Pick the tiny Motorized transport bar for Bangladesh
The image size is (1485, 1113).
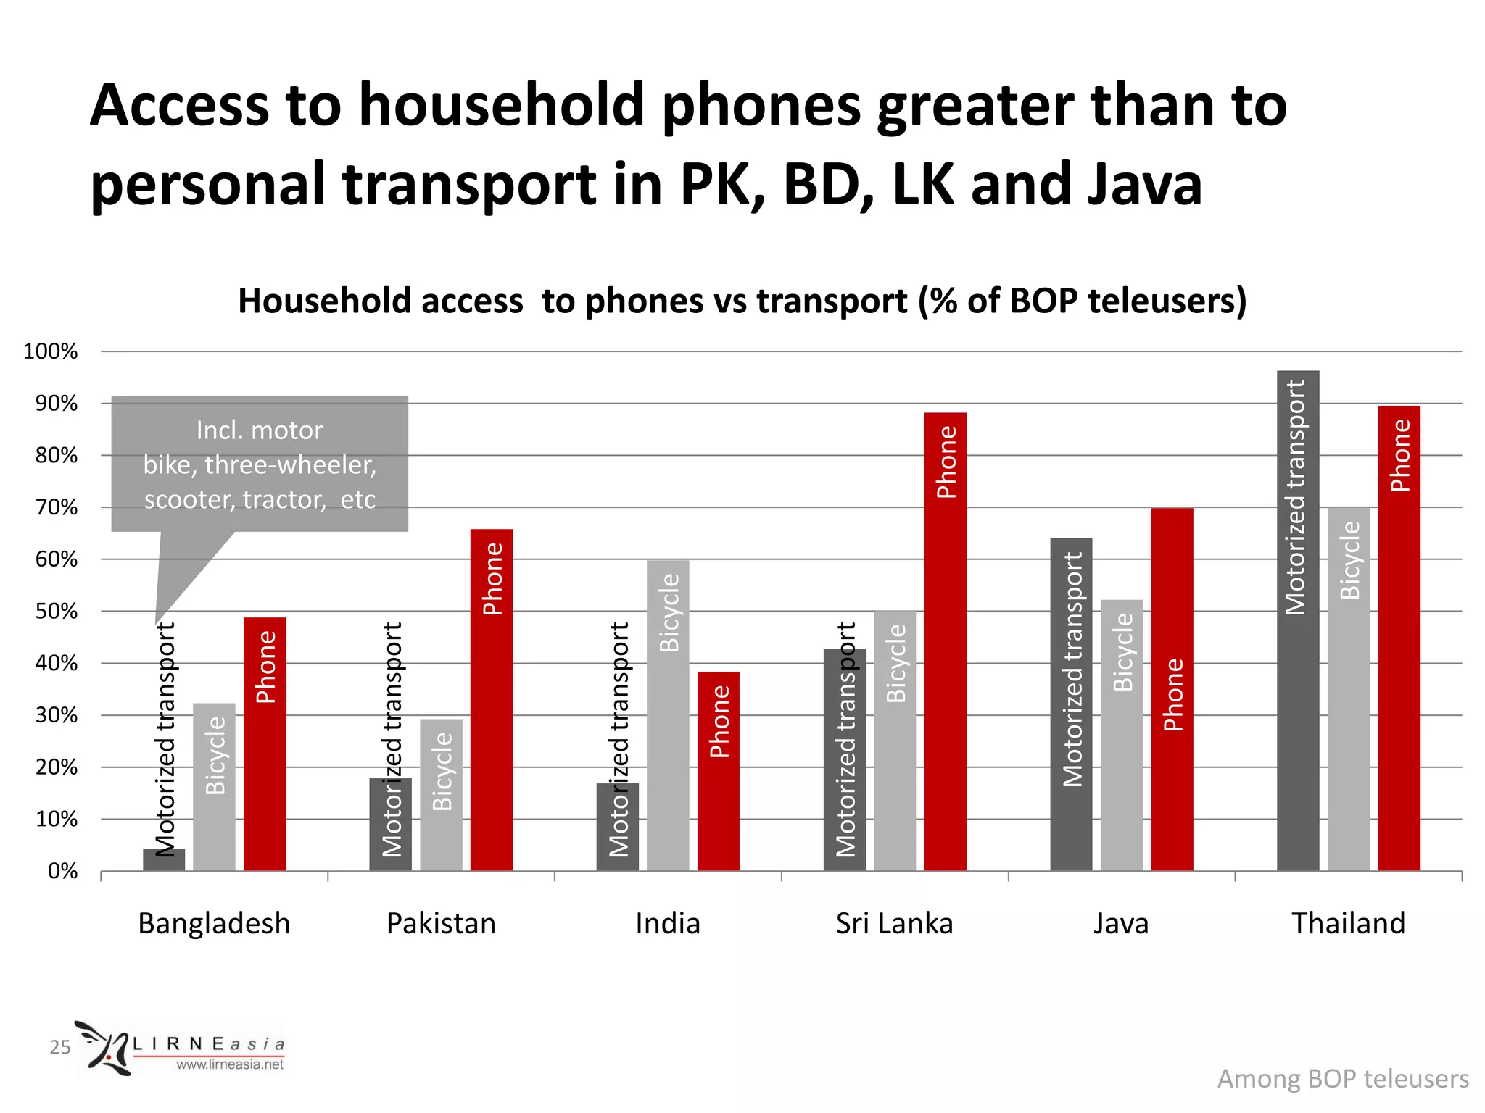point(164,860)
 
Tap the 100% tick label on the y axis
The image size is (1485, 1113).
point(51,351)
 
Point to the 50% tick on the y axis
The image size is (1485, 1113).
point(57,611)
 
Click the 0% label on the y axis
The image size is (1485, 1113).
point(62,871)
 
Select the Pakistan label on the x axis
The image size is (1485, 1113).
point(441,924)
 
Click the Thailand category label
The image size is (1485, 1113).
point(1348,924)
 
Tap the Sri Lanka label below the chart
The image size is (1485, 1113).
point(894,924)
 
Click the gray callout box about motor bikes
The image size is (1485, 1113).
point(260,464)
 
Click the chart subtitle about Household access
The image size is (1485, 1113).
point(742,301)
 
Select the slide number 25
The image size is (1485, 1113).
point(59,1047)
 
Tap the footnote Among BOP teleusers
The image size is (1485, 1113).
point(1342,1079)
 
